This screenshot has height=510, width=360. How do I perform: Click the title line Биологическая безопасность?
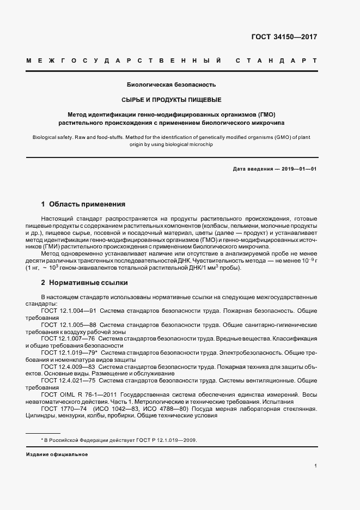[x=172, y=85]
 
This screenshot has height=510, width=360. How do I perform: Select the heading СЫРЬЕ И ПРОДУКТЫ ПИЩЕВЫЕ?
[x=172, y=100]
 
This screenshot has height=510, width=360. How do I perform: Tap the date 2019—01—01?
[x=299, y=169]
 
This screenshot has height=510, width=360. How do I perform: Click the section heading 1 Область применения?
[x=83, y=204]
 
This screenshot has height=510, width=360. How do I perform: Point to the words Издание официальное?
[x=57, y=454]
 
